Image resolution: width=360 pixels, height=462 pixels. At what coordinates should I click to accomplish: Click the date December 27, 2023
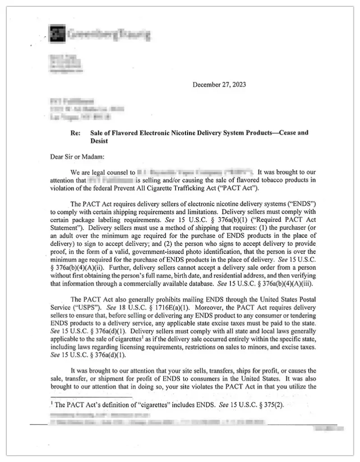point(219,84)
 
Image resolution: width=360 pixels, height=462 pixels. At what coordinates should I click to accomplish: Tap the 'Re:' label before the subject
point(76,133)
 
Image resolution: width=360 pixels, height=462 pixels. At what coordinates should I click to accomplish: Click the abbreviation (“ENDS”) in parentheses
point(295,203)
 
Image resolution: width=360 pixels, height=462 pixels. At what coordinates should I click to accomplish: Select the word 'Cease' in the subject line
point(288,133)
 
